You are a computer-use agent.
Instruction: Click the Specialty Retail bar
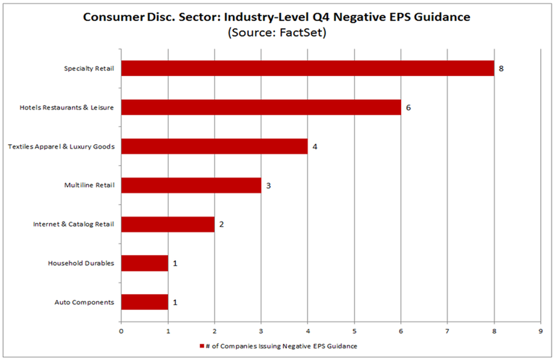(307, 69)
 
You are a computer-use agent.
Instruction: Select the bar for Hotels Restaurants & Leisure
(261, 107)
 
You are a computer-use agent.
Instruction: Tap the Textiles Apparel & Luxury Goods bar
(214, 146)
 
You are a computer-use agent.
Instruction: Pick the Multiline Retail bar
(191, 185)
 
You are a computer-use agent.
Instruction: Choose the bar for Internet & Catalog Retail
(168, 225)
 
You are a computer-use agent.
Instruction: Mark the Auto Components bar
(145, 302)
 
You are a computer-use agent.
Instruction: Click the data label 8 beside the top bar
(501, 69)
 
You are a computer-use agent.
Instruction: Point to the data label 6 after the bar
(408, 107)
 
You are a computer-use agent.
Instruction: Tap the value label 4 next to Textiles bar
(315, 146)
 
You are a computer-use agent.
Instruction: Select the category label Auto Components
(84, 302)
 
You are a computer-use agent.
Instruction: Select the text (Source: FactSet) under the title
(278, 33)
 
